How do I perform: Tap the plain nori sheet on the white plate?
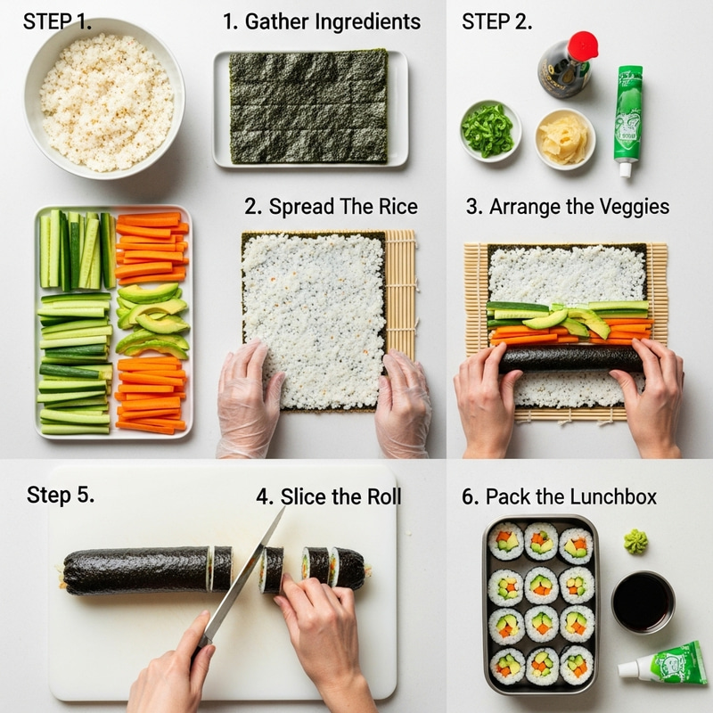(x=308, y=106)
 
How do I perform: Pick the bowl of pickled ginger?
(x=565, y=138)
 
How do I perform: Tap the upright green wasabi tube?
(x=628, y=116)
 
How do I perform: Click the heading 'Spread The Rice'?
(x=331, y=207)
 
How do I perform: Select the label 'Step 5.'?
(x=60, y=495)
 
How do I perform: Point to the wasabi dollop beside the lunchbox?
(x=635, y=540)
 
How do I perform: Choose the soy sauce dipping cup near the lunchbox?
(x=643, y=602)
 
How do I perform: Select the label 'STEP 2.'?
(x=496, y=21)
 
